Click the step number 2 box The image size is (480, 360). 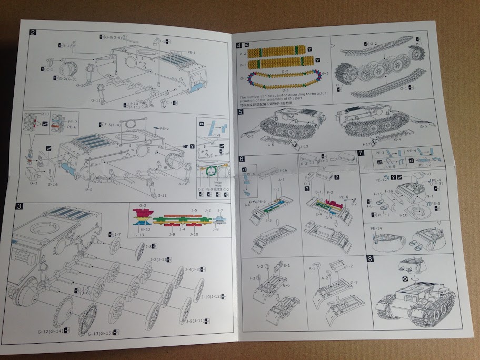pos(33,33)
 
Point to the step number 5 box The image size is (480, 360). pos(241,112)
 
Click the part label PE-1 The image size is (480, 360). pos(192,52)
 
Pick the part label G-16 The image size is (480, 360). pos(52,185)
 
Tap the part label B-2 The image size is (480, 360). pos(88,188)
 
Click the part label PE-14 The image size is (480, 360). pos(379,229)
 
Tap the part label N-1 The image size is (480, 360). pos(429,196)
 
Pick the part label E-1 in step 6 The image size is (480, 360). pos(286,266)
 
